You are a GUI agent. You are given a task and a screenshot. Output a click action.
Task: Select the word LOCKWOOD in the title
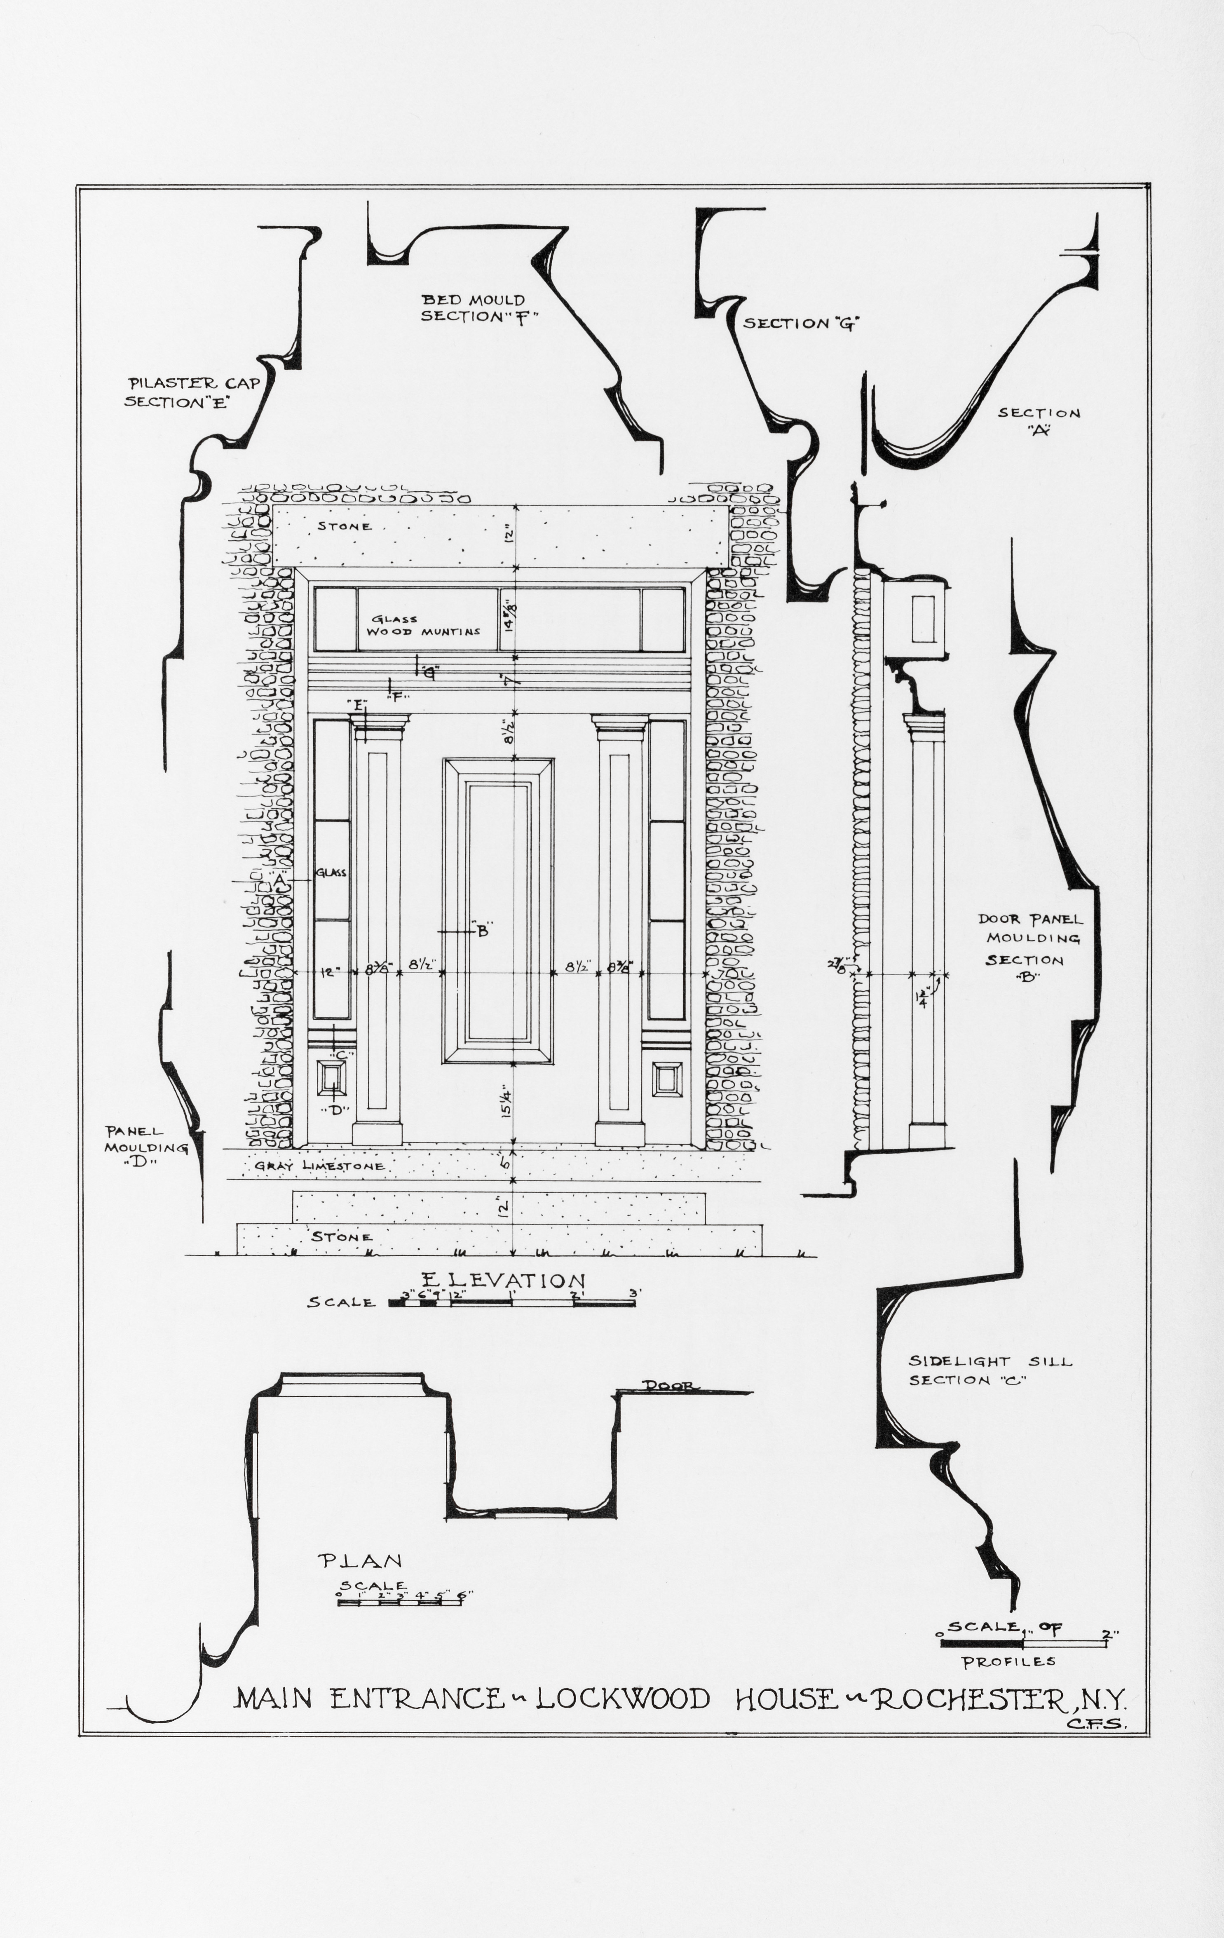click(x=624, y=1676)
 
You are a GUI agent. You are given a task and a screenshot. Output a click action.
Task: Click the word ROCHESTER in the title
click(x=970, y=1676)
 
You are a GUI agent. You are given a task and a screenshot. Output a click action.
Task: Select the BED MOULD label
click(x=473, y=300)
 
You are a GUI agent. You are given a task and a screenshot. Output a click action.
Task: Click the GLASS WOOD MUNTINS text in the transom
click(x=424, y=625)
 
